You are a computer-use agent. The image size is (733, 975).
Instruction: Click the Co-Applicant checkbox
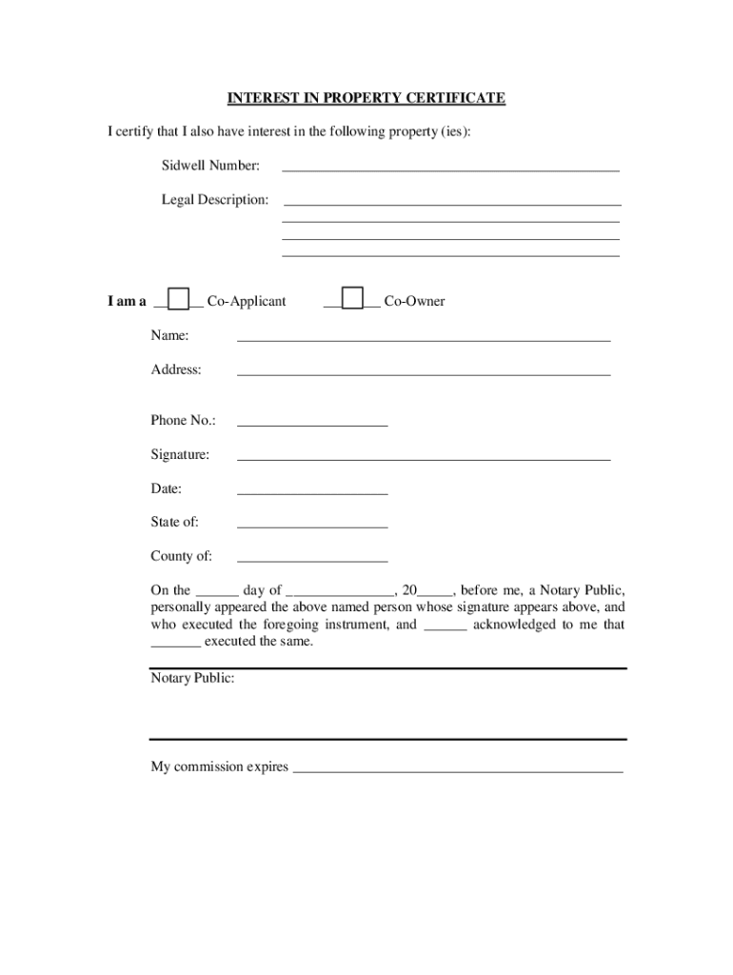pyautogui.click(x=178, y=299)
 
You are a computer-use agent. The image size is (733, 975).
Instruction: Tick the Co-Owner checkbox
pyautogui.click(x=352, y=299)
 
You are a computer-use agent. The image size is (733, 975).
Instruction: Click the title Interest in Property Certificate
pyautogui.click(x=366, y=98)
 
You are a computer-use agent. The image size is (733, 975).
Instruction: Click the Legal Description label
pyautogui.click(x=215, y=200)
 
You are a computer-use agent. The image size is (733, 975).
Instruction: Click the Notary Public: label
pyautogui.click(x=192, y=678)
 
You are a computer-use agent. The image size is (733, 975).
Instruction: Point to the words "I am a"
pyautogui.click(x=127, y=302)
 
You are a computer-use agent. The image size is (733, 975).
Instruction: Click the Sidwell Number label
pyautogui.click(x=210, y=166)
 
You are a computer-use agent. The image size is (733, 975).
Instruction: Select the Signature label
pyautogui.click(x=180, y=455)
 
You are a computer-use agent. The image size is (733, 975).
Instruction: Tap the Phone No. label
pyautogui.click(x=183, y=420)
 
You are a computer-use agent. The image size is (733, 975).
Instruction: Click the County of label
pyautogui.click(x=181, y=556)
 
